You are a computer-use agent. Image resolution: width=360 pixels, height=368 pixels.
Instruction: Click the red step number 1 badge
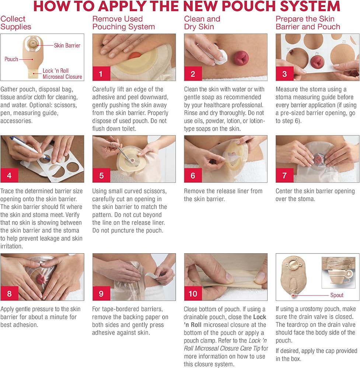[101, 74]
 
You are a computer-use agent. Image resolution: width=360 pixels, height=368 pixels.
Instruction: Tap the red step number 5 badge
[101, 175]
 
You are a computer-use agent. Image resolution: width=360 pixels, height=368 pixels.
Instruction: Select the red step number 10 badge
[193, 293]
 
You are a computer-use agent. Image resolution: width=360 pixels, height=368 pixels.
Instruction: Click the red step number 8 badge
[10, 293]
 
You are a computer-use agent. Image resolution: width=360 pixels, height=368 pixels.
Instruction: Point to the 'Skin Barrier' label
[67, 45]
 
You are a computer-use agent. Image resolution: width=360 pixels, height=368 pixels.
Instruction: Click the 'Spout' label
[337, 295]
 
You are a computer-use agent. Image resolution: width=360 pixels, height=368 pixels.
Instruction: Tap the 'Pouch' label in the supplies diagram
[11, 59]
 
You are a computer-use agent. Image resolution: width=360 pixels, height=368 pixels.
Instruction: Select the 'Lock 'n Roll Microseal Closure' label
[62, 74]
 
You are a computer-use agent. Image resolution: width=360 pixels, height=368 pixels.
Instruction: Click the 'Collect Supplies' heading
[16, 23]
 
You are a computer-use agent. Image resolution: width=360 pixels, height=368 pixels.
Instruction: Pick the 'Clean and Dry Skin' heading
[202, 23]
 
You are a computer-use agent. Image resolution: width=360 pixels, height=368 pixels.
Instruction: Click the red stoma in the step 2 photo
[240, 58]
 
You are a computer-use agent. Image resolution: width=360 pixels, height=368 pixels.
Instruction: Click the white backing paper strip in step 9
[153, 274]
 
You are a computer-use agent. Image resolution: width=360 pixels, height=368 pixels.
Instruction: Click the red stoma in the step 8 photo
[41, 279]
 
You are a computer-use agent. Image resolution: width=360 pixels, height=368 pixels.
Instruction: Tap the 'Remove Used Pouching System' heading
[123, 23]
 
